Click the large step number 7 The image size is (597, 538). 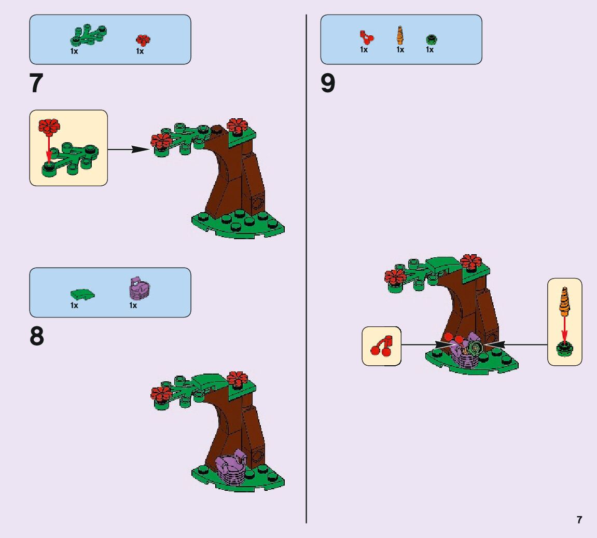pyautogui.click(x=36, y=84)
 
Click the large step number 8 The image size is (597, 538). pyautogui.click(x=36, y=337)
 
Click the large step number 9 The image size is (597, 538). pyautogui.click(x=328, y=84)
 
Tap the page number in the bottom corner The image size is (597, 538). pyautogui.click(x=579, y=520)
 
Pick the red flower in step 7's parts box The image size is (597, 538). pyautogui.click(x=143, y=40)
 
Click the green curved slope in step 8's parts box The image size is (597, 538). pyautogui.click(x=83, y=294)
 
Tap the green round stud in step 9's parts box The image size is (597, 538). pyautogui.click(x=431, y=39)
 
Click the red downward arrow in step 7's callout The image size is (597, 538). pyautogui.click(x=49, y=148)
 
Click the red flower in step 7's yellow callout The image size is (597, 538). pyautogui.click(x=49, y=125)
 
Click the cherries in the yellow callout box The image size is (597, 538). pyautogui.click(x=382, y=346)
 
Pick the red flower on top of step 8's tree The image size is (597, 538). pyautogui.click(x=237, y=379)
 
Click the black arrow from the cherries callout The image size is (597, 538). pyautogui.click(x=425, y=344)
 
